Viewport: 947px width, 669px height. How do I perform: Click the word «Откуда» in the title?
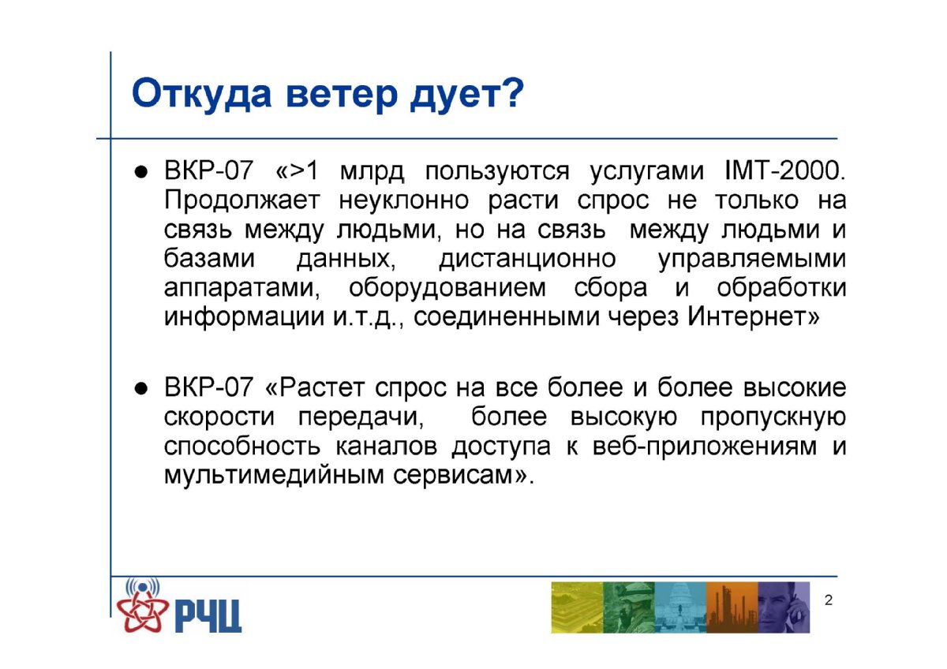tap(201, 94)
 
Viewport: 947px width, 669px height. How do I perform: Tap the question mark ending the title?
tap(513, 92)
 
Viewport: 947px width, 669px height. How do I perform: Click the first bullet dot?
tap(140, 173)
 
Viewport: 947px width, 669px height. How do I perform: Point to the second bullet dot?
tap(140, 389)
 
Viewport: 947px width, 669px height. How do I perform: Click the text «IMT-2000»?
tap(784, 170)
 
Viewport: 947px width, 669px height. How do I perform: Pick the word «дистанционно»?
tap(528, 260)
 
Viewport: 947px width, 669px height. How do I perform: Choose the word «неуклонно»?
tap(404, 201)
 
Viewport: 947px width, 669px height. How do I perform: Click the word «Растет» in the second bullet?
tap(322, 387)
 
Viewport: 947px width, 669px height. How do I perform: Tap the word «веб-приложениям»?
tap(704, 447)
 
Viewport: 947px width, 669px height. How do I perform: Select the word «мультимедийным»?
tap(274, 476)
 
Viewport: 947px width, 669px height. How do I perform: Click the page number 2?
tap(829, 600)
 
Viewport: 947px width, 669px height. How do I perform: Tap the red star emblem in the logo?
tap(143, 611)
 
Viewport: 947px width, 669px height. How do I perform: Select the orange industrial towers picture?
tap(732, 607)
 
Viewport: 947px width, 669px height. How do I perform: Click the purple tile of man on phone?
tap(784, 607)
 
